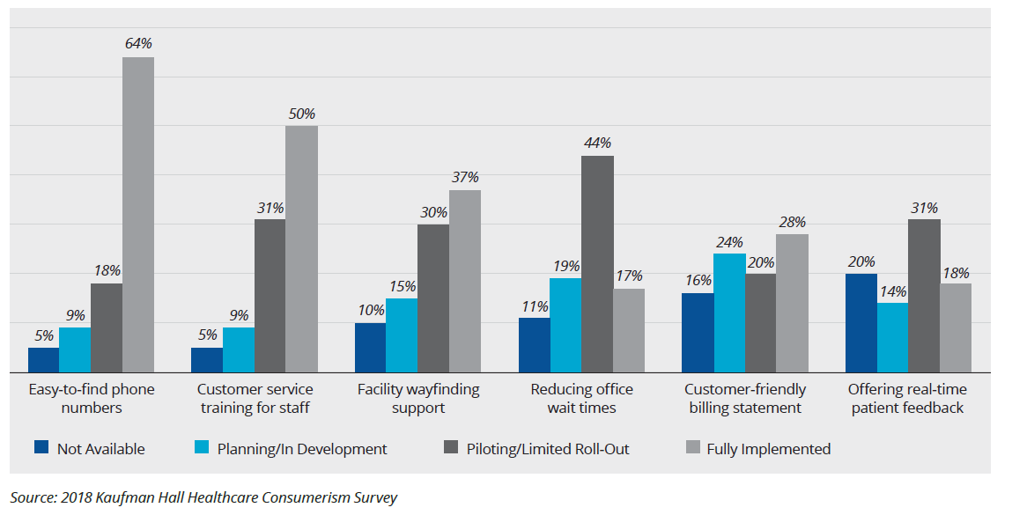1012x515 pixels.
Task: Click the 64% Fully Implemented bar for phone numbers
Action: click(x=138, y=215)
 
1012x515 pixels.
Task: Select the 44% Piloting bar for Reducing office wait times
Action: click(x=597, y=264)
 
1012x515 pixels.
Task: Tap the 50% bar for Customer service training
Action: click(x=301, y=249)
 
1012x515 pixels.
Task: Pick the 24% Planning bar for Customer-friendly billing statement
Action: click(x=729, y=313)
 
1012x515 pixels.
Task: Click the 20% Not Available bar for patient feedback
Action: click(x=861, y=323)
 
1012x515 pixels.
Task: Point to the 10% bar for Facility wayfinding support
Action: click(x=370, y=348)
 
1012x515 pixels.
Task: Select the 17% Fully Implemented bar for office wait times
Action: click(x=629, y=330)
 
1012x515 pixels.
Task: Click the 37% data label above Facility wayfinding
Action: click(x=465, y=178)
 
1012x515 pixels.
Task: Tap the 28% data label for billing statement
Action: click(x=792, y=222)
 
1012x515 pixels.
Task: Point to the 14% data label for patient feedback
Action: click(x=892, y=291)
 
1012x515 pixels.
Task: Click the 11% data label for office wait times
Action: click(x=534, y=306)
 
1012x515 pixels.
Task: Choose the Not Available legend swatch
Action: click(x=41, y=448)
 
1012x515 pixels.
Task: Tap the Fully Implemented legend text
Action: click(x=768, y=449)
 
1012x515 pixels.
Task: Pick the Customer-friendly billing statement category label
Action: click(x=745, y=398)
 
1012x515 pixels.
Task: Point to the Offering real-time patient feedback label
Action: click(x=907, y=398)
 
